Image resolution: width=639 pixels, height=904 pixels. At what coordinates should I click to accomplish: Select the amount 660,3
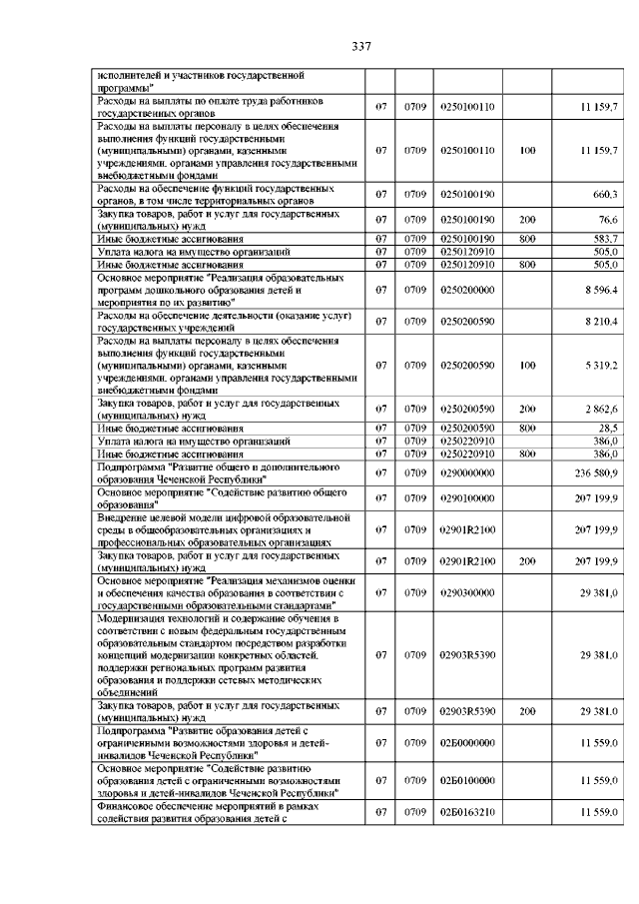click(x=607, y=194)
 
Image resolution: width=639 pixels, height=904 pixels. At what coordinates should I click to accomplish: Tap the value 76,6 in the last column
click(x=609, y=219)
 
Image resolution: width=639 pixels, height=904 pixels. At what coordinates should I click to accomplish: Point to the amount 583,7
click(x=607, y=238)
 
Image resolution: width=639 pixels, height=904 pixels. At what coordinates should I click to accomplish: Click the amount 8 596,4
click(x=604, y=289)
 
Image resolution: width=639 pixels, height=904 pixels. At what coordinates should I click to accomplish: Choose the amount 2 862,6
click(x=604, y=410)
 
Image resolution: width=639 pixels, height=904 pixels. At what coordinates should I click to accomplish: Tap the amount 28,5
click(x=610, y=429)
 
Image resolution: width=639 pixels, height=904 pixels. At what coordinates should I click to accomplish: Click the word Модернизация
click(x=129, y=619)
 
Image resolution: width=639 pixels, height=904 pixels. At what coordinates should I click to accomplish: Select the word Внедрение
click(x=123, y=517)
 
